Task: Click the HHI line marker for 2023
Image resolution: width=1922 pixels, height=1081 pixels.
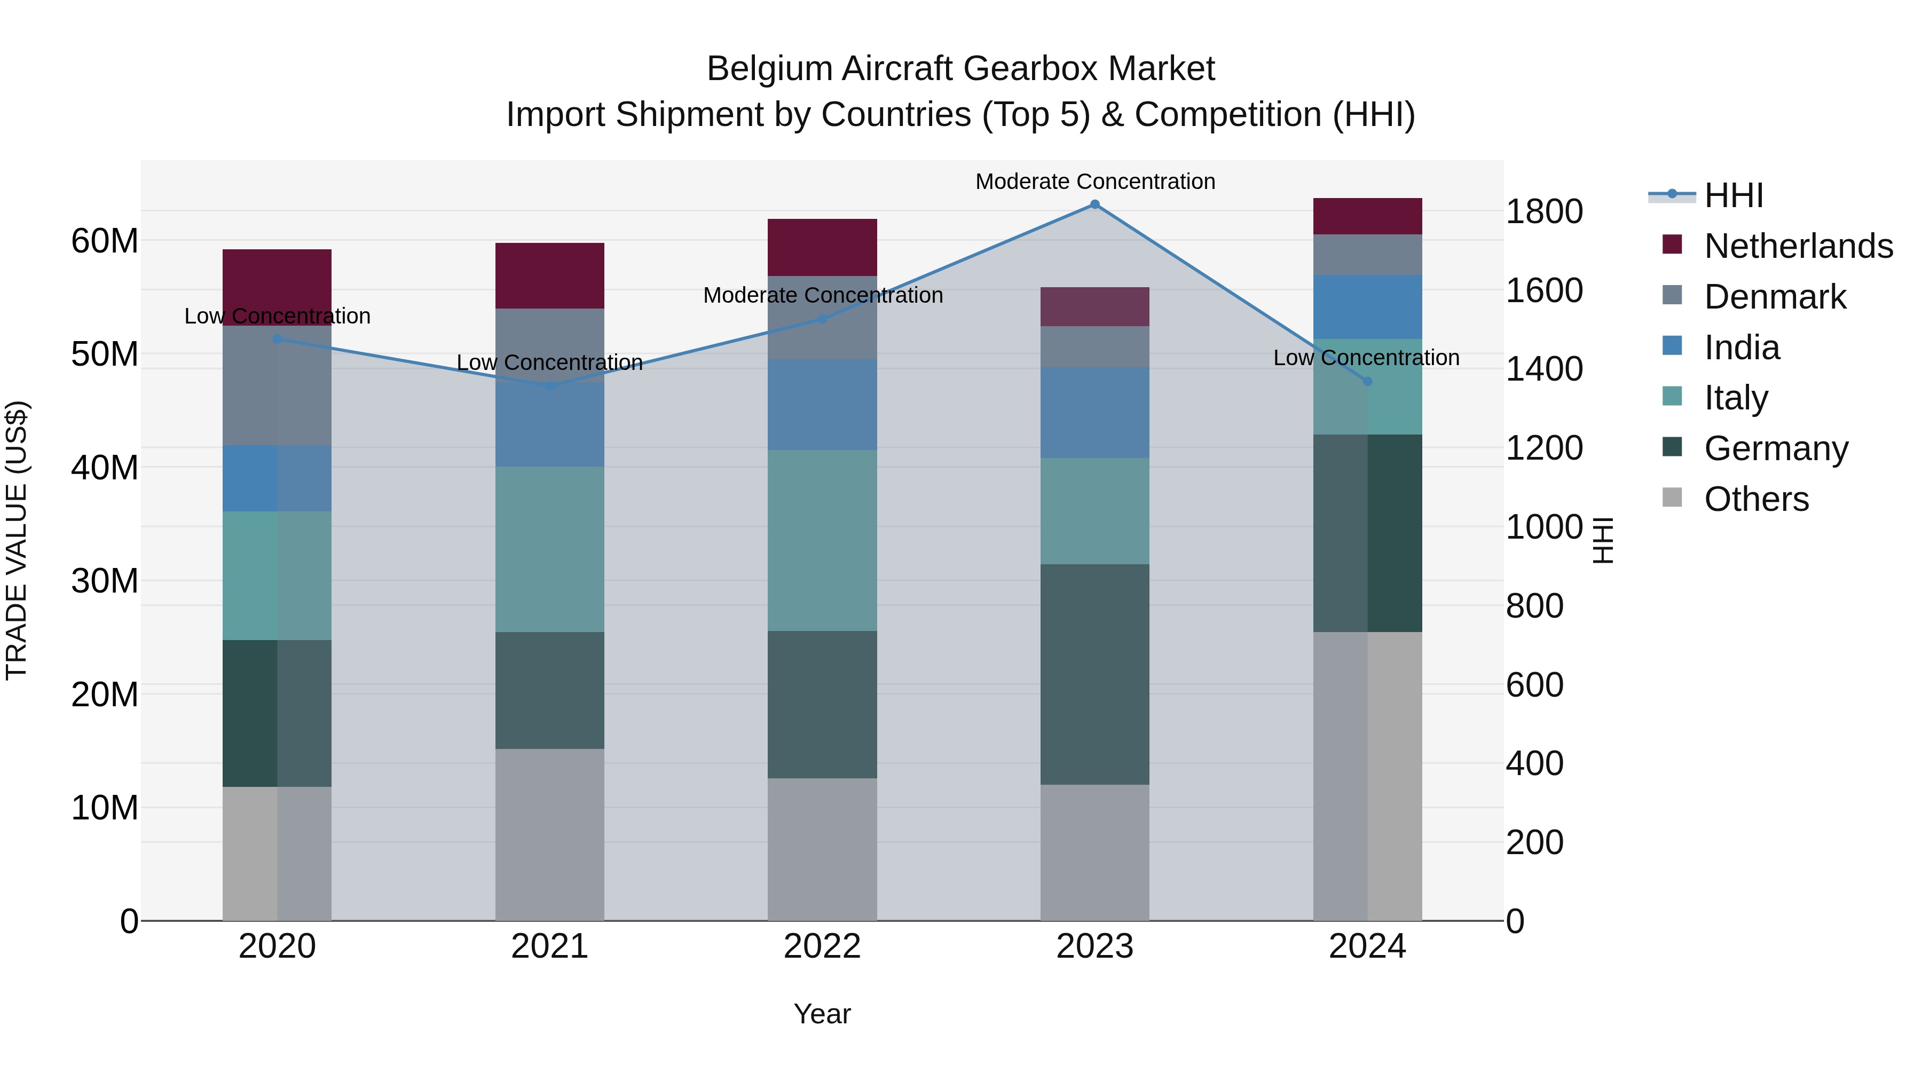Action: tap(1094, 204)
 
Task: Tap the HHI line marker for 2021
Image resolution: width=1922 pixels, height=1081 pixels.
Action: tap(550, 386)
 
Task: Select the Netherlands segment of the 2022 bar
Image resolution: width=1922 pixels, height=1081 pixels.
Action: tap(822, 248)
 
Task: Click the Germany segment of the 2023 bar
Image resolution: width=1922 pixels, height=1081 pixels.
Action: tap(1094, 674)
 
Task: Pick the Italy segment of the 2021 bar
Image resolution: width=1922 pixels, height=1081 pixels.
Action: tap(550, 550)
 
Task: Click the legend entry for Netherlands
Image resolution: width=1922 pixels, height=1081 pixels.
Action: tap(1798, 246)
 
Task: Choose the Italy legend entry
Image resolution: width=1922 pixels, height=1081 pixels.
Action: tap(1736, 398)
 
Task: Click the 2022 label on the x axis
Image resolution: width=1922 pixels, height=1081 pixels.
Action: tap(822, 946)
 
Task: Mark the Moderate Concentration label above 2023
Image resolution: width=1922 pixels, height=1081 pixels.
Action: tap(1094, 182)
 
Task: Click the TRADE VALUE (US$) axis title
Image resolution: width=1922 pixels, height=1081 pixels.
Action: tap(17, 540)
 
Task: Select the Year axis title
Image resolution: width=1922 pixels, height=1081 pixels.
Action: tap(822, 1014)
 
